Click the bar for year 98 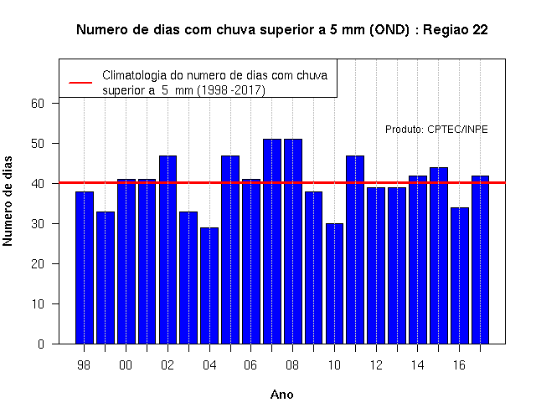85,268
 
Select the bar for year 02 167,249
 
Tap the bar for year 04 209,286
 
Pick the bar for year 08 293,242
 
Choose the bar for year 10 335,283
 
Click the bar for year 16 460,276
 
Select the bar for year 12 376,266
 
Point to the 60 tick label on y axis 38,104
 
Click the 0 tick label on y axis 41,344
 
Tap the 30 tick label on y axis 38,224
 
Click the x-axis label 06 250,365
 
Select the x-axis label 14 417,365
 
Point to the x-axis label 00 126,365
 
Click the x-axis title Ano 282,395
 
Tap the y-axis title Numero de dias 8,201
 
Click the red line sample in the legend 80,83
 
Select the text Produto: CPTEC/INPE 436,130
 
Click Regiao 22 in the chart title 456,30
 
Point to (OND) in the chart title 389,30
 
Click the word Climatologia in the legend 134,75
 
